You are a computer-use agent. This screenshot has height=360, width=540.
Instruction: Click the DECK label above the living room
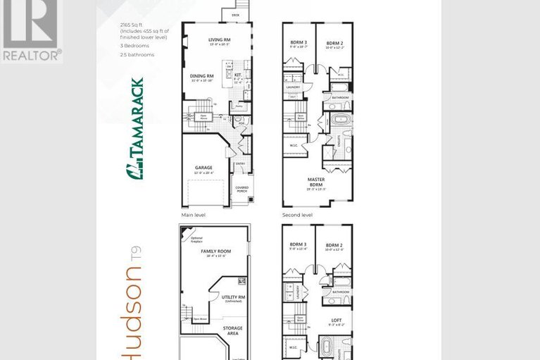click(x=235, y=14)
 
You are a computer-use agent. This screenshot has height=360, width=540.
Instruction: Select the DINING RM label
click(x=202, y=76)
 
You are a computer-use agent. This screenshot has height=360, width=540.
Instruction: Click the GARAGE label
click(x=203, y=168)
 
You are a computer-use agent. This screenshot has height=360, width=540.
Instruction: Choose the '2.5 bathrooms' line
click(x=134, y=54)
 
